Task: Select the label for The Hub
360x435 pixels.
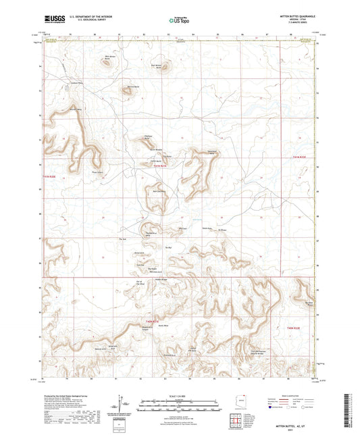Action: [124, 239]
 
